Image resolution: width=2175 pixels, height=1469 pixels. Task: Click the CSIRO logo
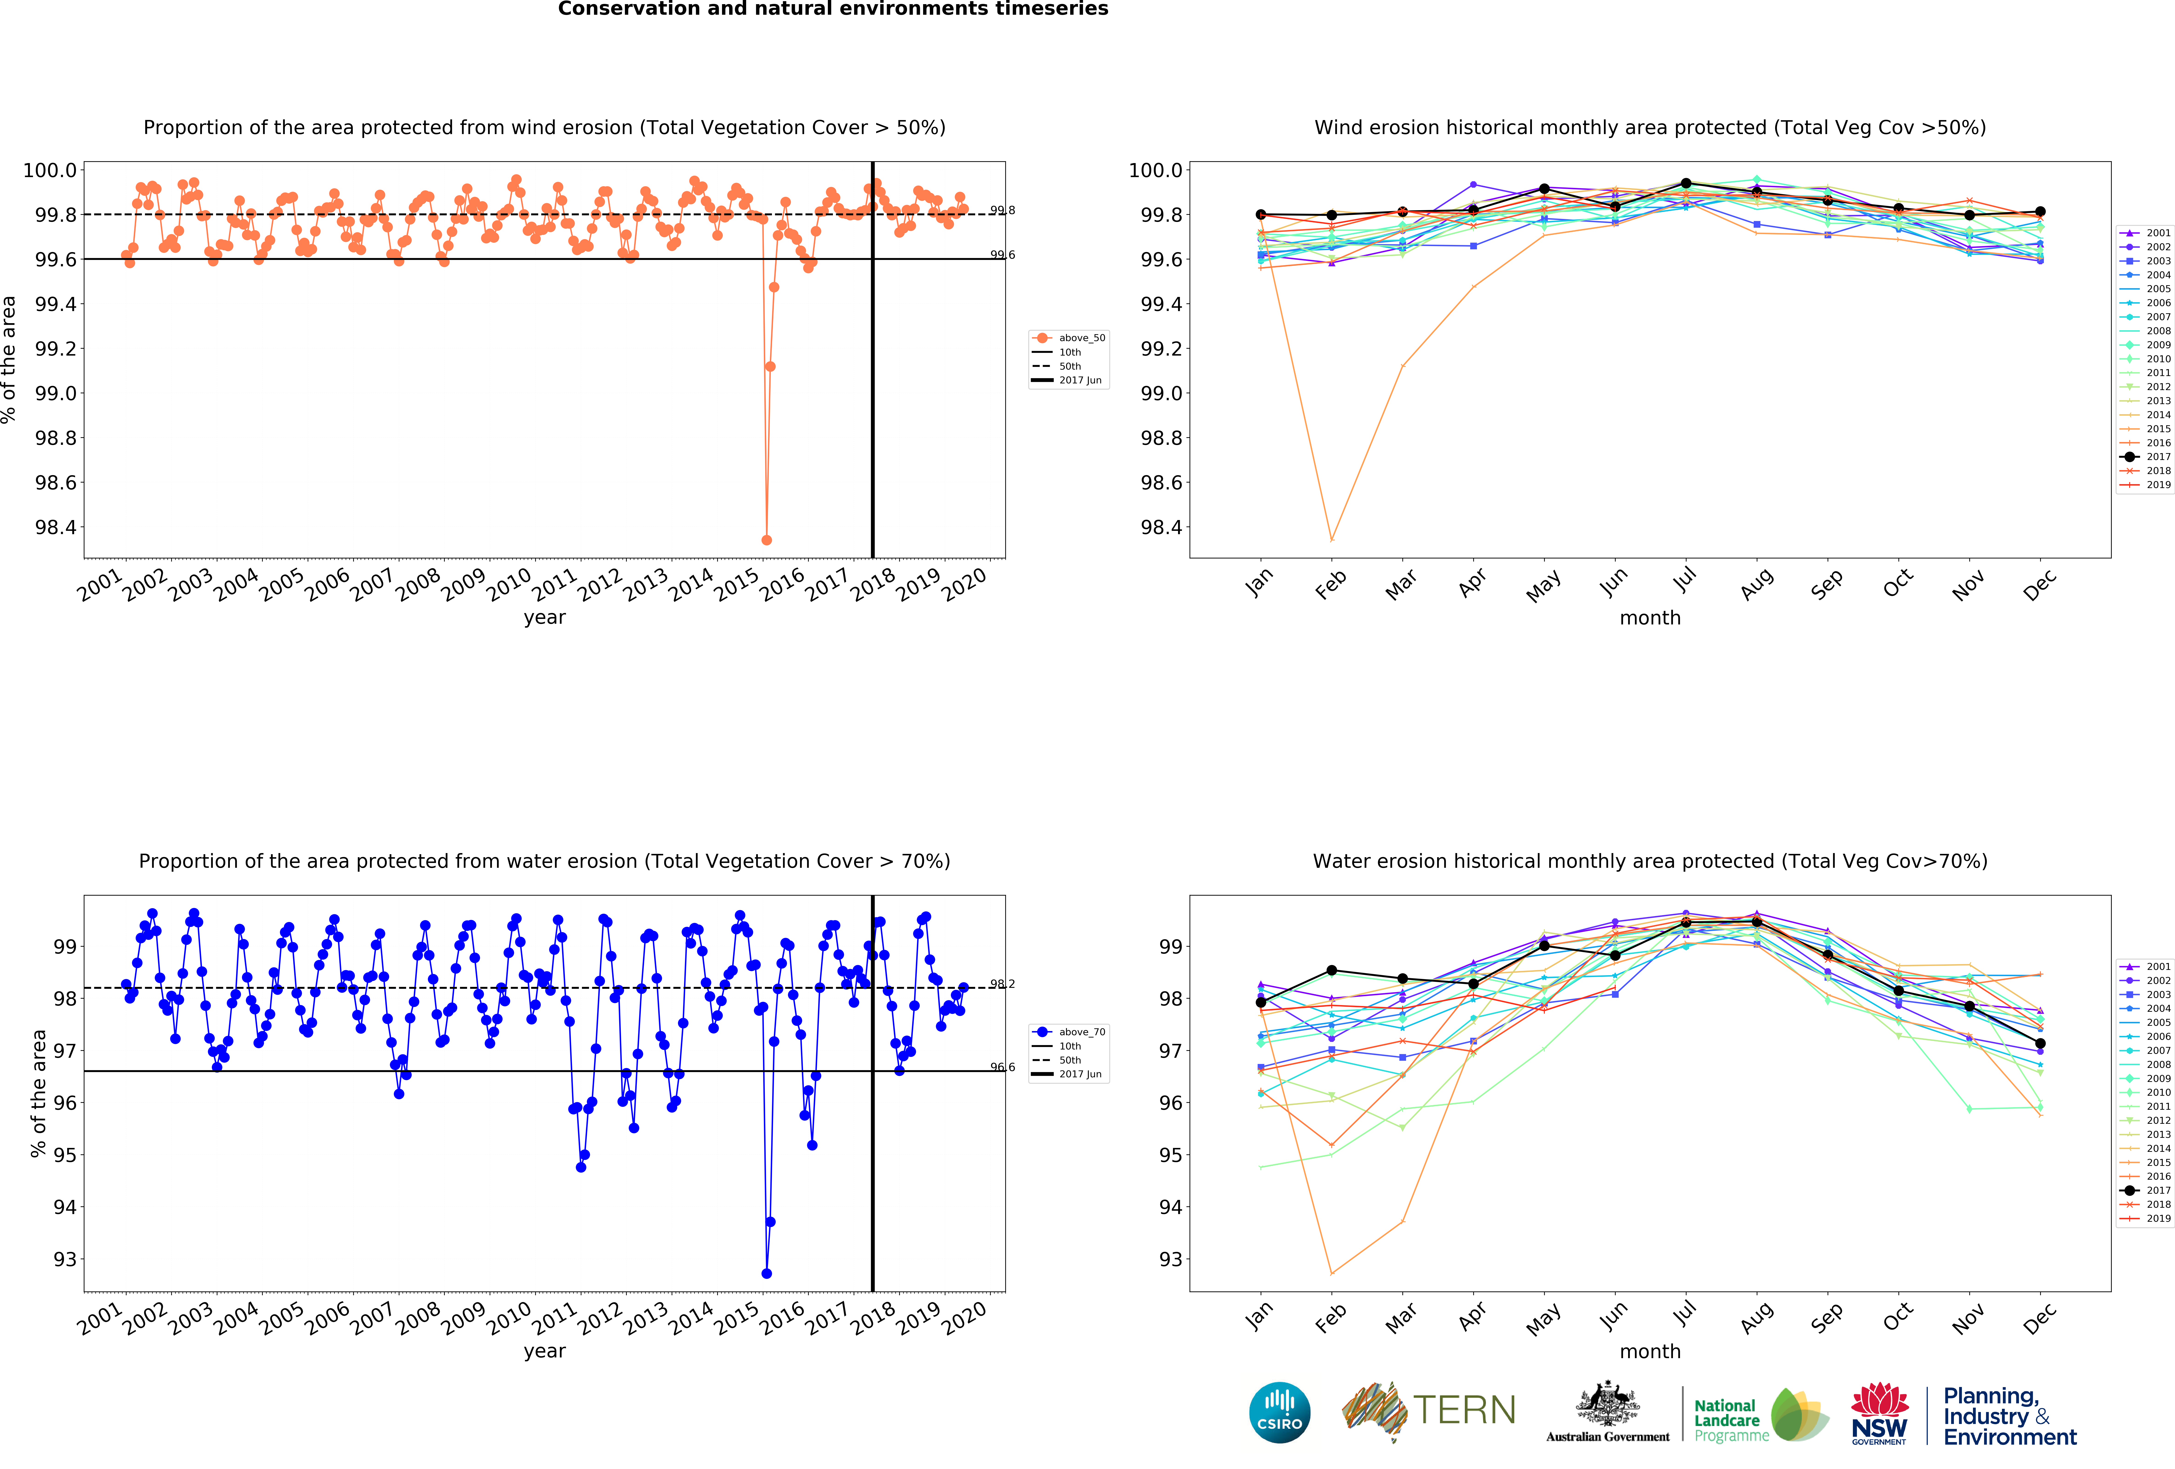[x=1279, y=1412]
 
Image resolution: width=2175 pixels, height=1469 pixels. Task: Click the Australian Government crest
[x=1607, y=1403]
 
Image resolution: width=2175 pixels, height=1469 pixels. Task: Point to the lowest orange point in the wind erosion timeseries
[x=766, y=540]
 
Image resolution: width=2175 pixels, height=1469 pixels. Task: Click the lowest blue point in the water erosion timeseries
[x=766, y=1274]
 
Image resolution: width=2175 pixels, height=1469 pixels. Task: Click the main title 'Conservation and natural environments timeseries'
[x=833, y=9]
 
